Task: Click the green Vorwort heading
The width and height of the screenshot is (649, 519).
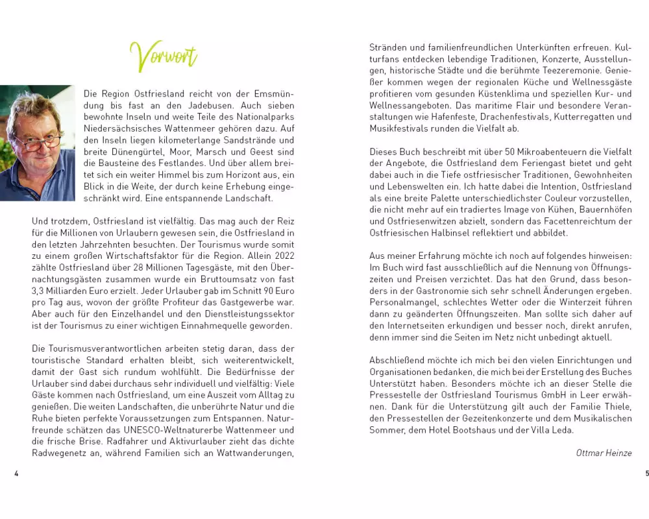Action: (x=163, y=56)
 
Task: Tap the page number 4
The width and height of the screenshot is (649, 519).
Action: (x=16, y=474)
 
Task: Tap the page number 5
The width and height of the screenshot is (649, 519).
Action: (x=646, y=474)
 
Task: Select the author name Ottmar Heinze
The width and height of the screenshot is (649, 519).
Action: (x=604, y=453)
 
